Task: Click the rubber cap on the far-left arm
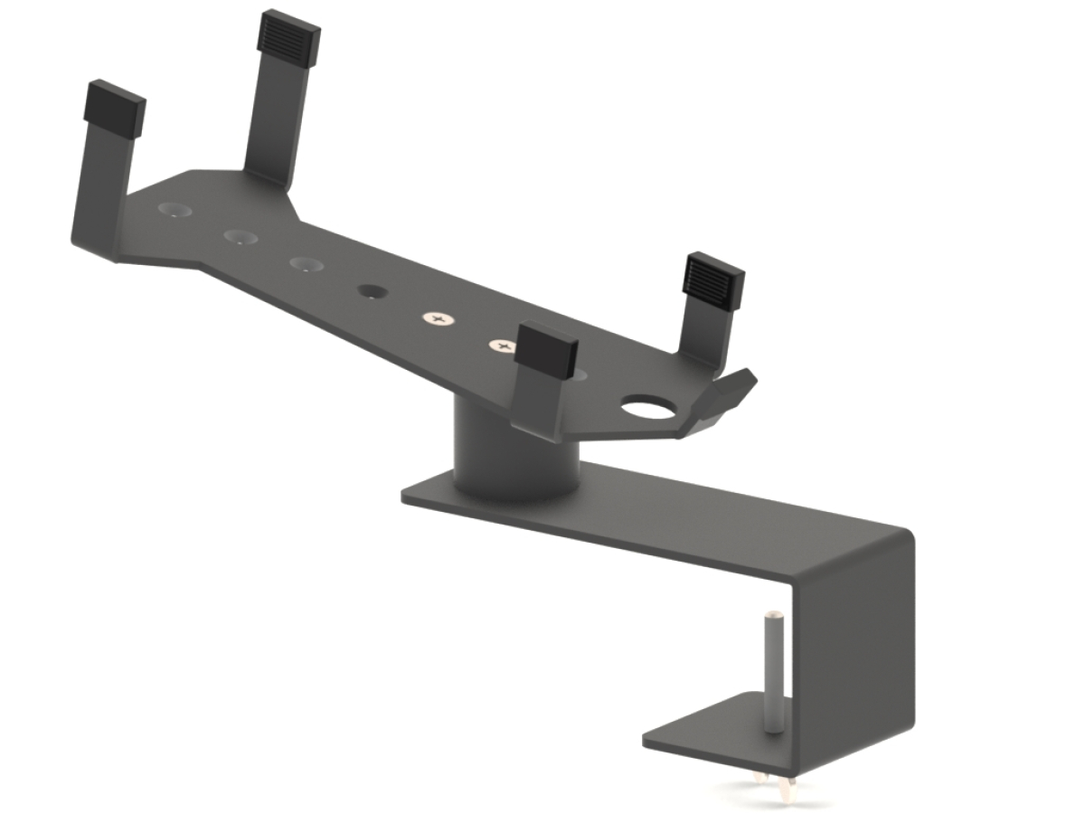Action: [x=115, y=108]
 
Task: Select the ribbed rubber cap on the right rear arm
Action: [x=713, y=279]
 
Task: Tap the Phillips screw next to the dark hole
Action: [x=439, y=319]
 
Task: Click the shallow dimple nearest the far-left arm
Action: [x=175, y=210]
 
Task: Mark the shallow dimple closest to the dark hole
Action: [x=307, y=264]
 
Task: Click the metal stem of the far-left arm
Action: [x=99, y=194]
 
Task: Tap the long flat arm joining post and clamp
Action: [x=687, y=516]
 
